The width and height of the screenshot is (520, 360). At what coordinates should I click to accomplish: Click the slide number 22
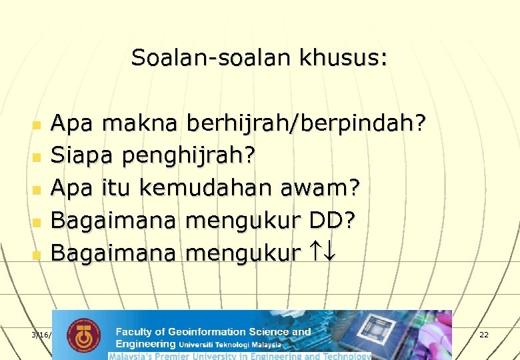click(x=484, y=334)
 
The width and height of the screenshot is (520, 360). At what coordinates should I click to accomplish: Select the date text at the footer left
click(x=41, y=334)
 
